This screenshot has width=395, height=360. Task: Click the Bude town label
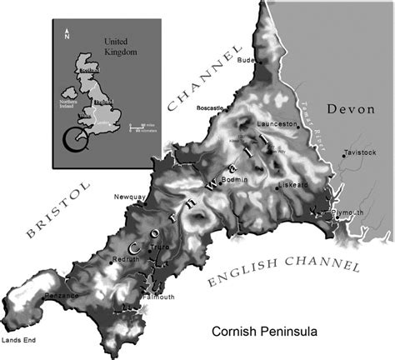[x=244, y=60]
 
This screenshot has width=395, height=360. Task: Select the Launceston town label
[x=278, y=124]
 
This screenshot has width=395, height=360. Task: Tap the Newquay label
[x=129, y=197]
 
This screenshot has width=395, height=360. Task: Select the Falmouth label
[x=157, y=297]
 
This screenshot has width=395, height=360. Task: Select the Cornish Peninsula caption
[x=262, y=330]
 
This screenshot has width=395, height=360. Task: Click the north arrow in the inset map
[x=67, y=36]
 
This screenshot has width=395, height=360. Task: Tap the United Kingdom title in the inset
[x=120, y=45]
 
